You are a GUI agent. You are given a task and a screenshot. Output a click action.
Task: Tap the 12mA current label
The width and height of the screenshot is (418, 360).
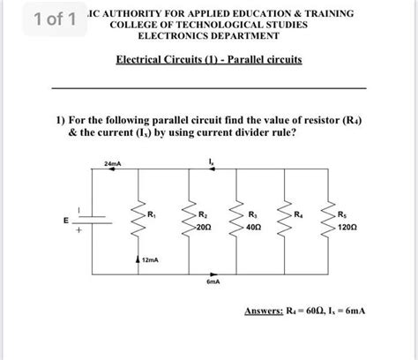151,260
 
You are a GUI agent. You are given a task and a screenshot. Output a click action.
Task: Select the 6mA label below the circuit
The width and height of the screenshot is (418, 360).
213,283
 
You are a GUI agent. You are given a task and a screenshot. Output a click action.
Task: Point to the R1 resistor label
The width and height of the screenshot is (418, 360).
152,213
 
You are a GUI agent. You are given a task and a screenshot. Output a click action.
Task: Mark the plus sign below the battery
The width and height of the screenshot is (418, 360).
78,231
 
